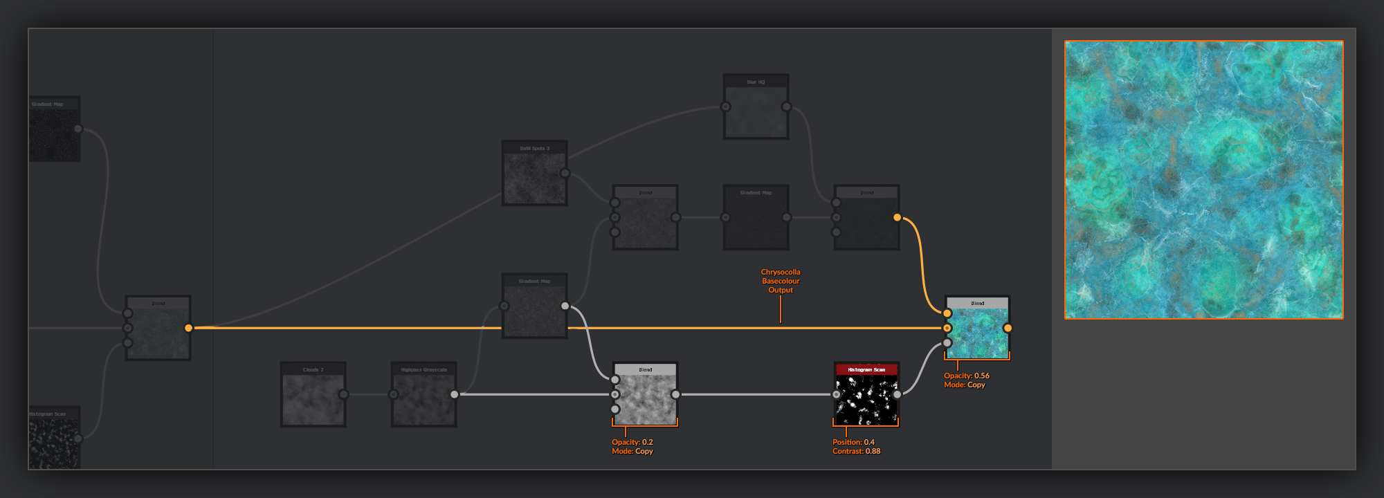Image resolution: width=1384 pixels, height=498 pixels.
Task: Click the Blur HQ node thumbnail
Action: (x=756, y=111)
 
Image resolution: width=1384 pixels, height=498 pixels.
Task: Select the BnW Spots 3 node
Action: (x=534, y=177)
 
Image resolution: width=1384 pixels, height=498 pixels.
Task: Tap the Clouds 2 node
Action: (x=313, y=398)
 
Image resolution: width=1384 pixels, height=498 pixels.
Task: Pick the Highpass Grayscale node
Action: (x=424, y=398)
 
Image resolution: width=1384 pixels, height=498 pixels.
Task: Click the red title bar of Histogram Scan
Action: (x=866, y=369)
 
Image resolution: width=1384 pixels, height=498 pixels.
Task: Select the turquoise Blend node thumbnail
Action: (x=977, y=332)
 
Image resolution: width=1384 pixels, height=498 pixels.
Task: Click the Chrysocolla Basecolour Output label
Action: (x=781, y=281)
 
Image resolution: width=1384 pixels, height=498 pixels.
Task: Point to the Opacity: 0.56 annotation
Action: (x=967, y=376)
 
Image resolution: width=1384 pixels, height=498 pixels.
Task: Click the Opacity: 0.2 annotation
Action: (x=632, y=442)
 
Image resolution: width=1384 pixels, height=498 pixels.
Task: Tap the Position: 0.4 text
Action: (x=853, y=442)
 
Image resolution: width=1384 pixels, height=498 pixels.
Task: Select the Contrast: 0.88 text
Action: (x=856, y=451)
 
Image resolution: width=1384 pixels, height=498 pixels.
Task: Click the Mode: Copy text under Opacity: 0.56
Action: (x=964, y=385)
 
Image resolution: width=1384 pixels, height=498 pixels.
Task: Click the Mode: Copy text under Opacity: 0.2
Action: (x=632, y=451)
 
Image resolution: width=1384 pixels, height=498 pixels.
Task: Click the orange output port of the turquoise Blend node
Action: (x=1008, y=328)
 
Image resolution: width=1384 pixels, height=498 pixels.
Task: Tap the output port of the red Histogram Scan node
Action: (x=897, y=394)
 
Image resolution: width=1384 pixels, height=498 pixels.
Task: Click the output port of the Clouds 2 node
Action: (x=343, y=394)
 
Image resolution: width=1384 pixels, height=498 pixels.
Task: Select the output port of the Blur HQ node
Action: (x=786, y=107)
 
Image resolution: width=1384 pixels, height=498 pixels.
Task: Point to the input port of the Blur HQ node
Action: (x=725, y=107)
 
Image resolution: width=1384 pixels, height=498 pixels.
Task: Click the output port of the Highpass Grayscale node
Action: (x=454, y=394)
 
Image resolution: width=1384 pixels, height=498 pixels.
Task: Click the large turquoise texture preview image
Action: (x=1203, y=180)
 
